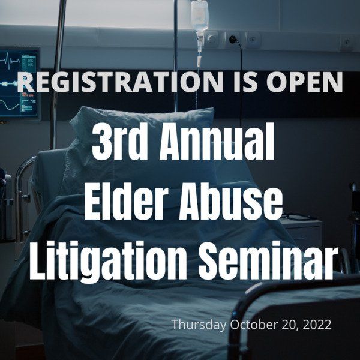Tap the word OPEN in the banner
(x=304, y=82)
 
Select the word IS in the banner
(x=245, y=82)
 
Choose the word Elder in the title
(x=125, y=202)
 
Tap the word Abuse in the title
(x=230, y=202)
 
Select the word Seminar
(x=266, y=261)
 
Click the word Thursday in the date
(x=199, y=325)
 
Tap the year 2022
(x=317, y=325)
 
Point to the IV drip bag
(x=200, y=16)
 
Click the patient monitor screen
(x=20, y=84)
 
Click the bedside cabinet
(x=301, y=232)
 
